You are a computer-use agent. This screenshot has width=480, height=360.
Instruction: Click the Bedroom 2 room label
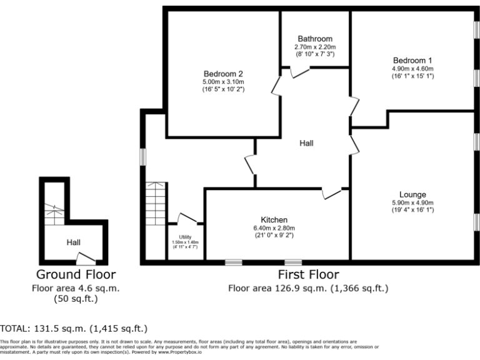pyautogui.click(x=223, y=72)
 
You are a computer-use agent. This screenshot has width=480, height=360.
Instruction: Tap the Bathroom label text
pyautogui.click(x=315, y=39)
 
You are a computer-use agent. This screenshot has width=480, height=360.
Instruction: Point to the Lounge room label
pyautogui.click(x=413, y=194)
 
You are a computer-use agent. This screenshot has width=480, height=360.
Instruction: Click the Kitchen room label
pyautogui.click(x=274, y=220)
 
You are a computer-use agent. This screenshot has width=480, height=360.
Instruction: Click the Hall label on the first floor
pyautogui.click(x=306, y=143)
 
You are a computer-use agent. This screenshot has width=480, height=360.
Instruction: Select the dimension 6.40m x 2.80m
pyautogui.click(x=274, y=228)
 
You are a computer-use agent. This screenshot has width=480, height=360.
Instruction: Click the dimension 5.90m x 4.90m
pyautogui.click(x=413, y=202)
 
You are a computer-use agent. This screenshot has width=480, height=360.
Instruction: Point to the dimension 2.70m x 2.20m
pyautogui.click(x=315, y=47)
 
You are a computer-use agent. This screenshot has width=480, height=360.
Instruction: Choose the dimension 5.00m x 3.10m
pyautogui.click(x=223, y=81)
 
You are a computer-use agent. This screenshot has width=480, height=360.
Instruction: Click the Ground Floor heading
pyautogui.click(x=76, y=274)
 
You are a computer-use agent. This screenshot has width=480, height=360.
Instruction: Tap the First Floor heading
pyautogui.click(x=308, y=274)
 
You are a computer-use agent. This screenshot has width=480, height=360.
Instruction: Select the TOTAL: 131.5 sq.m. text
pyautogui.click(x=74, y=328)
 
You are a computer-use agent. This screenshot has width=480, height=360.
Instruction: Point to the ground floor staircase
pyautogui.click(x=54, y=215)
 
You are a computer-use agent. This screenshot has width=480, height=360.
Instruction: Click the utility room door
pyautogui.click(x=188, y=219)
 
